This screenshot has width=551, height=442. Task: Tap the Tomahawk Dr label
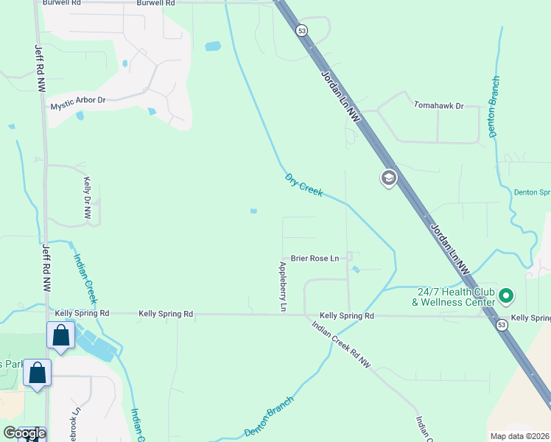[x=438, y=106]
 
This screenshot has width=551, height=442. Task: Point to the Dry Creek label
[x=303, y=185]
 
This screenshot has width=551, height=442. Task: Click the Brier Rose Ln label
[x=315, y=258]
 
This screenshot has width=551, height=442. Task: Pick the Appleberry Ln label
[x=282, y=286]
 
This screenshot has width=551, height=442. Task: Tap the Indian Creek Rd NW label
[x=341, y=345]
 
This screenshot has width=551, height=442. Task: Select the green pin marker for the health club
[x=505, y=297]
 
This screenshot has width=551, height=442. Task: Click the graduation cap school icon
[x=388, y=178]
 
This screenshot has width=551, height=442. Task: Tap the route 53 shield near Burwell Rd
[x=301, y=30]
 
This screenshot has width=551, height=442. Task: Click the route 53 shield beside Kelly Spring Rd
[x=502, y=325]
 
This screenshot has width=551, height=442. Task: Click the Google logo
[x=24, y=433]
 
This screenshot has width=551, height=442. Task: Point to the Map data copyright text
[x=519, y=435]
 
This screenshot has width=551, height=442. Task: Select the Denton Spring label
[x=532, y=192]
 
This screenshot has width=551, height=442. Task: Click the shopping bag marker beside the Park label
[x=37, y=373]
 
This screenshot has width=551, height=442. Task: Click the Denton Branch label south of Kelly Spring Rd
[x=269, y=417]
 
